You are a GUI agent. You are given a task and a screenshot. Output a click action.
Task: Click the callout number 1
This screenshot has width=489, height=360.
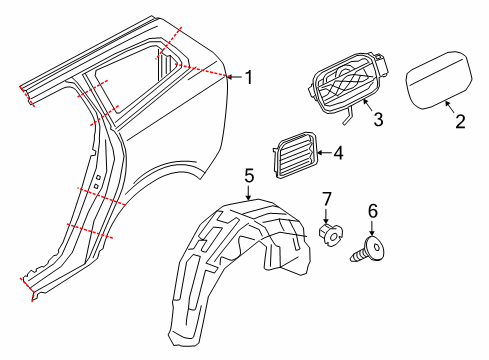(250, 77)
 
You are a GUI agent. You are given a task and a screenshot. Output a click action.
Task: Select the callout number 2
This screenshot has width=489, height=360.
(459, 123)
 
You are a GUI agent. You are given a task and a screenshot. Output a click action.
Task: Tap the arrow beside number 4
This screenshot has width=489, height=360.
(322, 153)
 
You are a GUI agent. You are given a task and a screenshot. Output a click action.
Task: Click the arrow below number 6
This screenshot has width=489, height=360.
(374, 229)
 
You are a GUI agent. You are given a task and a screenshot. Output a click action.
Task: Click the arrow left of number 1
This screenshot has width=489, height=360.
(234, 77)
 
